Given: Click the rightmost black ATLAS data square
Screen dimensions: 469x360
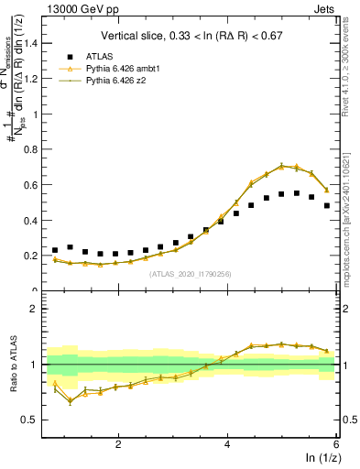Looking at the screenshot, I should click(327, 205).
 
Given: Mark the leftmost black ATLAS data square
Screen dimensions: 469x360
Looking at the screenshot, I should click(55, 250).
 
